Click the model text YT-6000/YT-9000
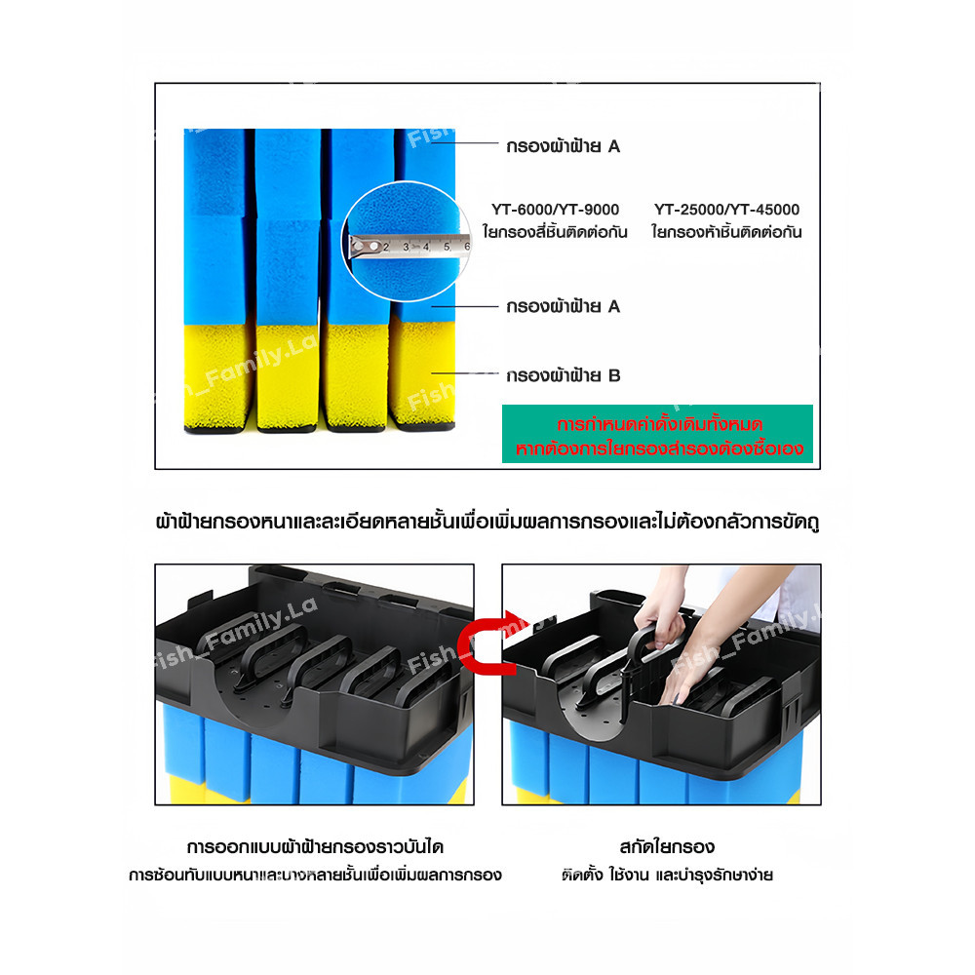coord(555,210)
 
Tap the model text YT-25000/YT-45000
coord(726,210)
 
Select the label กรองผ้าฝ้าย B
coord(563,375)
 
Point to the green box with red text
coord(657,434)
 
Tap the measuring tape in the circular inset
coord(409,245)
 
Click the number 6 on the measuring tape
coord(467,247)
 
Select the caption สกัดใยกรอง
coord(667,847)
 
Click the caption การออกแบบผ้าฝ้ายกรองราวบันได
coord(315,847)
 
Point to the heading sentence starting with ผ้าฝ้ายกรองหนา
coord(487,521)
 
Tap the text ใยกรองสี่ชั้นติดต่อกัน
coord(555,232)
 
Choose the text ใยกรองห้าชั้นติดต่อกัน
coord(726,232)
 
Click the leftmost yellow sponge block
coord(217,376)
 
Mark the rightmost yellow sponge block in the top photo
coord(423,373)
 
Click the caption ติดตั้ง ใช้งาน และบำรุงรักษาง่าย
coord(667,876)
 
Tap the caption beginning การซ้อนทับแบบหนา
coord(315,876)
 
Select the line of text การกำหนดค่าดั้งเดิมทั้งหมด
coord(659,425)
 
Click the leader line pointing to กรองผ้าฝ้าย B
coord(465,373)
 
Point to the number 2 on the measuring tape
coord(385,247)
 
